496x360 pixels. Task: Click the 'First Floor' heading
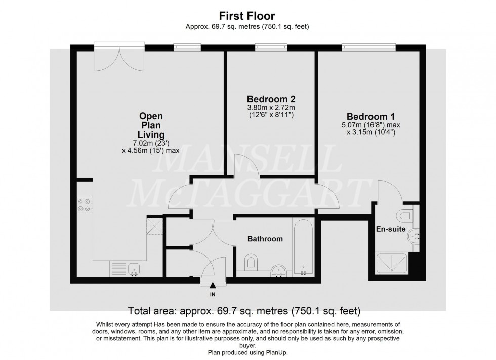247,16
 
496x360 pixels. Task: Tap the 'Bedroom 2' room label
271,99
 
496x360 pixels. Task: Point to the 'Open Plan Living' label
151,125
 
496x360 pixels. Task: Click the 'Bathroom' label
265,239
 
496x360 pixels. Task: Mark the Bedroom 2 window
271,48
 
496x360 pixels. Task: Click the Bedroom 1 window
368,48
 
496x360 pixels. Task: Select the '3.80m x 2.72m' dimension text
271,107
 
